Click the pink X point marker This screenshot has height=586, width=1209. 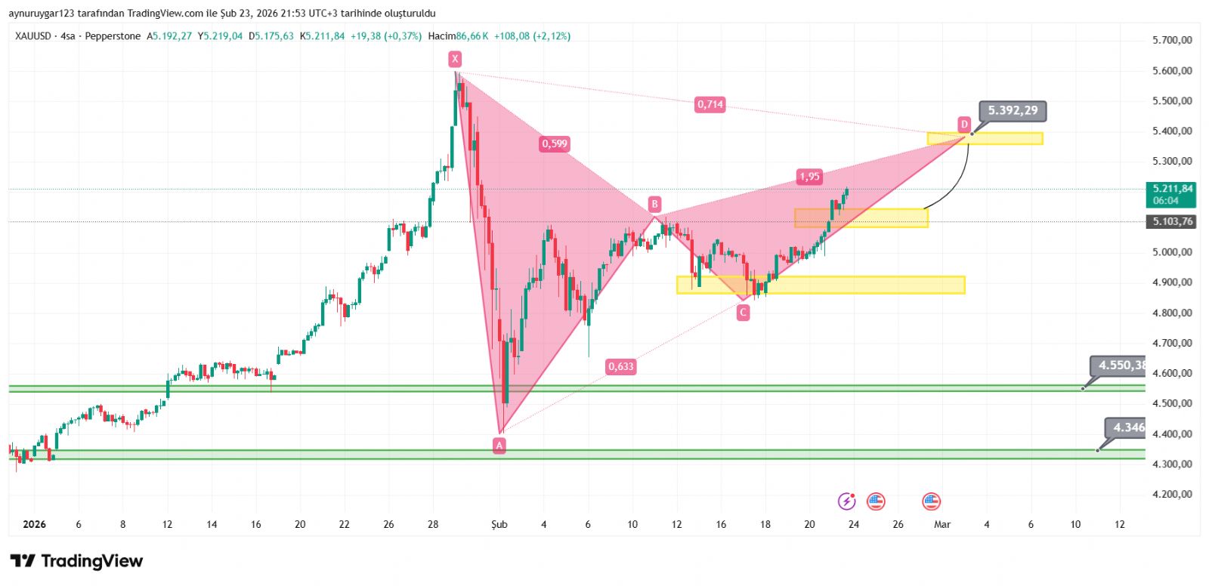tap(454, 59)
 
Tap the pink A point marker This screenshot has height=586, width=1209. tap(499, 446)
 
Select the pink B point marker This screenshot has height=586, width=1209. tap(654, 204)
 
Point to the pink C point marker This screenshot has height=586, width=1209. tap(743, 312)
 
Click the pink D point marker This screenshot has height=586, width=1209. tap(964, 125)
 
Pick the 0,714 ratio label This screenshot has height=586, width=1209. tap(710, 104)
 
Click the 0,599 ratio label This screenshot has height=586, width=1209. tap(554, 143)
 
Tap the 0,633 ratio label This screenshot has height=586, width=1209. tap(621, 366)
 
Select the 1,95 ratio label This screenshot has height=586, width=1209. tap(809, 177)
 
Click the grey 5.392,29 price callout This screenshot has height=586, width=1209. tap(1013, 110)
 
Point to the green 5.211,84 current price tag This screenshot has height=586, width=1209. tap(1172, 194)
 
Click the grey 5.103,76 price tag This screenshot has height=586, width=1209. tap(1172, 221)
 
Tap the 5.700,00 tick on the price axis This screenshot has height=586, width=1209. tap(1172, 40)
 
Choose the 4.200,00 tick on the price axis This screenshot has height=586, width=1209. tap(1172, 495)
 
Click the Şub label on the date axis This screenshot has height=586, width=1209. tap(499, 524)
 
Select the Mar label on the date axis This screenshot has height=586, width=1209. tap(942, 524)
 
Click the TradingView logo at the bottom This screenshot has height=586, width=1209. tap(76, 561)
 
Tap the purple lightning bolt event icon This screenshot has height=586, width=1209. tap(847, 501)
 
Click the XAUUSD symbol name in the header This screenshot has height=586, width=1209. tap(33, 36)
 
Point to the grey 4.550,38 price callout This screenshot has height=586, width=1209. tap(1120, 365)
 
